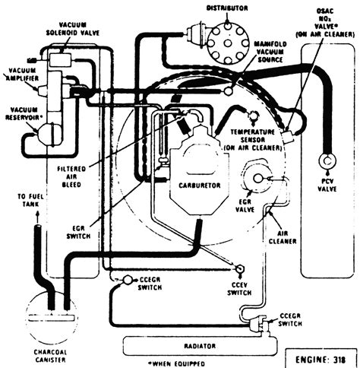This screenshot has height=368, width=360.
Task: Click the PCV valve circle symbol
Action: point(327,160)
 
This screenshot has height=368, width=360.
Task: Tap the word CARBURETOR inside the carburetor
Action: point(200,186)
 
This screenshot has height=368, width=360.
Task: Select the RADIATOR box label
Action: point(200,346)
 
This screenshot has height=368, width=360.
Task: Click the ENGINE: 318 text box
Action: point(321,360)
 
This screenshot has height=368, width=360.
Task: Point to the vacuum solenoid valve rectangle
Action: point(60,60)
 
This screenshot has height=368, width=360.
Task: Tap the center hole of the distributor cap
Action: point(227,43)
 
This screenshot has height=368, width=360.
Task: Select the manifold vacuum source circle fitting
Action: point(228,91)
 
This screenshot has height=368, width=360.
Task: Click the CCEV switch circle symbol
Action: point(239,268)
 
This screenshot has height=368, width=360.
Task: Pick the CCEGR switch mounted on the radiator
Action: point(259,324)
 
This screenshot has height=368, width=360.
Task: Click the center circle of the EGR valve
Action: point(258,179)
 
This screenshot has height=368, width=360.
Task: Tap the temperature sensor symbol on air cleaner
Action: point(253,116)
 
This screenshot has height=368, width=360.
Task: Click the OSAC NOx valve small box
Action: point(287,137)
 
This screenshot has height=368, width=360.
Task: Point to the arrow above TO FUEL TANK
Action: point(38,217)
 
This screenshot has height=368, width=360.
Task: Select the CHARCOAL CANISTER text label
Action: point(50,356)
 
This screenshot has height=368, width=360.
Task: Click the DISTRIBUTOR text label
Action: point(227,8)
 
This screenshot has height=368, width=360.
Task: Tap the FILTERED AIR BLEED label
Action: point(71,176)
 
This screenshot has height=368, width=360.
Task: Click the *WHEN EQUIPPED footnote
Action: point(176,364)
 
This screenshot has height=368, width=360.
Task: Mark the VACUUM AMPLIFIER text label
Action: point(22,75)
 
